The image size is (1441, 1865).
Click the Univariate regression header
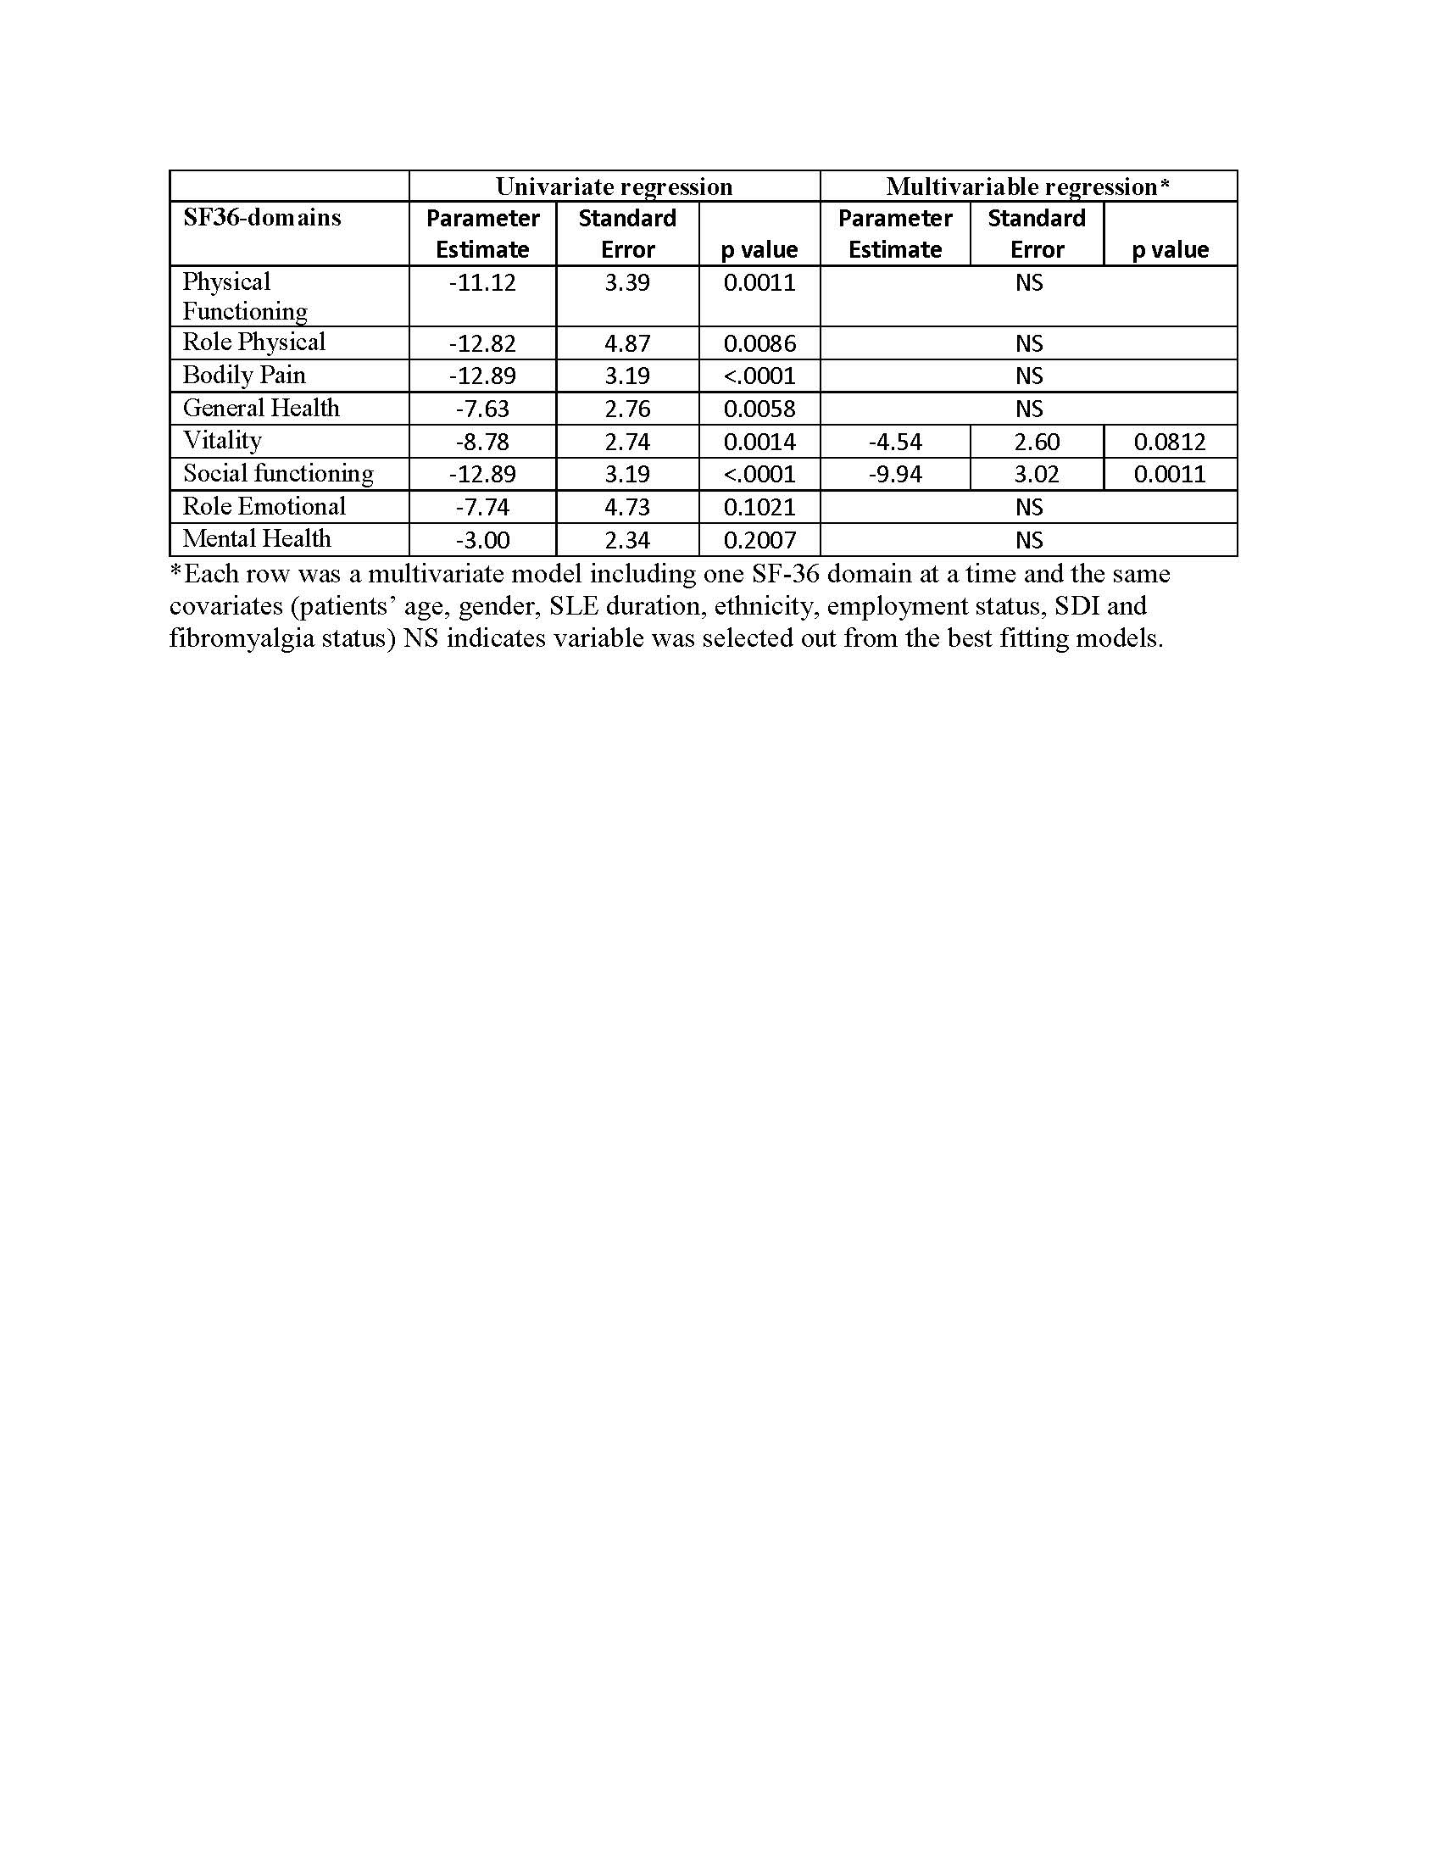tap(614, 186)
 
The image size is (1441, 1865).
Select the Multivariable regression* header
tap(1028, 186)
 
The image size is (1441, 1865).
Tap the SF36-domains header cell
tap(262, 218)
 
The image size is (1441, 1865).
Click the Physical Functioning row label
tap(245, 296)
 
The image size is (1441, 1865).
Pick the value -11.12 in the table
tap(482, 282)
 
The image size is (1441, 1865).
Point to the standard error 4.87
tap(627, 343)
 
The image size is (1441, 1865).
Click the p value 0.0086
tap(759, 343)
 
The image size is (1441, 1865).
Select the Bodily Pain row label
tap(244, 375)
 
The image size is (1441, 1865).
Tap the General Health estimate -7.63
tap(482, 409)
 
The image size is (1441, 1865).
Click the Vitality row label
tap(222, 441)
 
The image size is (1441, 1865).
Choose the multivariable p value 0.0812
tap(1170, 442)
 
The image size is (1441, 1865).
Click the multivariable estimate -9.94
tap(894, 474)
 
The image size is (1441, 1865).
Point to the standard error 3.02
tap(1037, 474)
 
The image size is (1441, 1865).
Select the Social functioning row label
tap(278, 473)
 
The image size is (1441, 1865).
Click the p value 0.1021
tap(759, 507)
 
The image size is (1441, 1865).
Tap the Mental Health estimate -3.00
tap(482, 540)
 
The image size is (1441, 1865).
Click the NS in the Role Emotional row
tap(1029, 507)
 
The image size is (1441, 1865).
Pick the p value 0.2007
tap(759, 540)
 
